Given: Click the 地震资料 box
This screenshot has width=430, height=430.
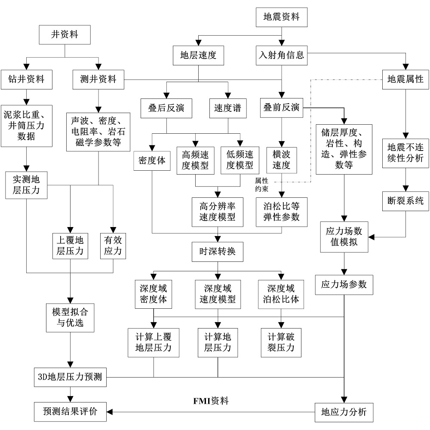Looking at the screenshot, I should pos(281,18).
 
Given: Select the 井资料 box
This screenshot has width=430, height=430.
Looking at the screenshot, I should pos(64,35).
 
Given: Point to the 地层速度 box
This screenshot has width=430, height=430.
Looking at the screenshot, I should pos(197,55).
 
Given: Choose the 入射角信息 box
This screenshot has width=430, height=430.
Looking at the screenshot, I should pos(281,55).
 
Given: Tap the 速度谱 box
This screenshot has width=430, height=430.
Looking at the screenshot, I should pos(227,108).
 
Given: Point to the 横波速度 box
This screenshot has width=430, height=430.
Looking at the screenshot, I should pos(281,160).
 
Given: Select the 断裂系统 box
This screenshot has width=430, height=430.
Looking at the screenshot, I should pos(405,201).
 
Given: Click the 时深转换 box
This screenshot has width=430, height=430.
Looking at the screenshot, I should pos(217,251).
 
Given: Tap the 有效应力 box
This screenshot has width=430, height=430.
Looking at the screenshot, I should pos(113,246).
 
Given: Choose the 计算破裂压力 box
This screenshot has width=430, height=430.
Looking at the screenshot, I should pos(281,342).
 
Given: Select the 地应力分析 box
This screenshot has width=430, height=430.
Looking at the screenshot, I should pos(344,412).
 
